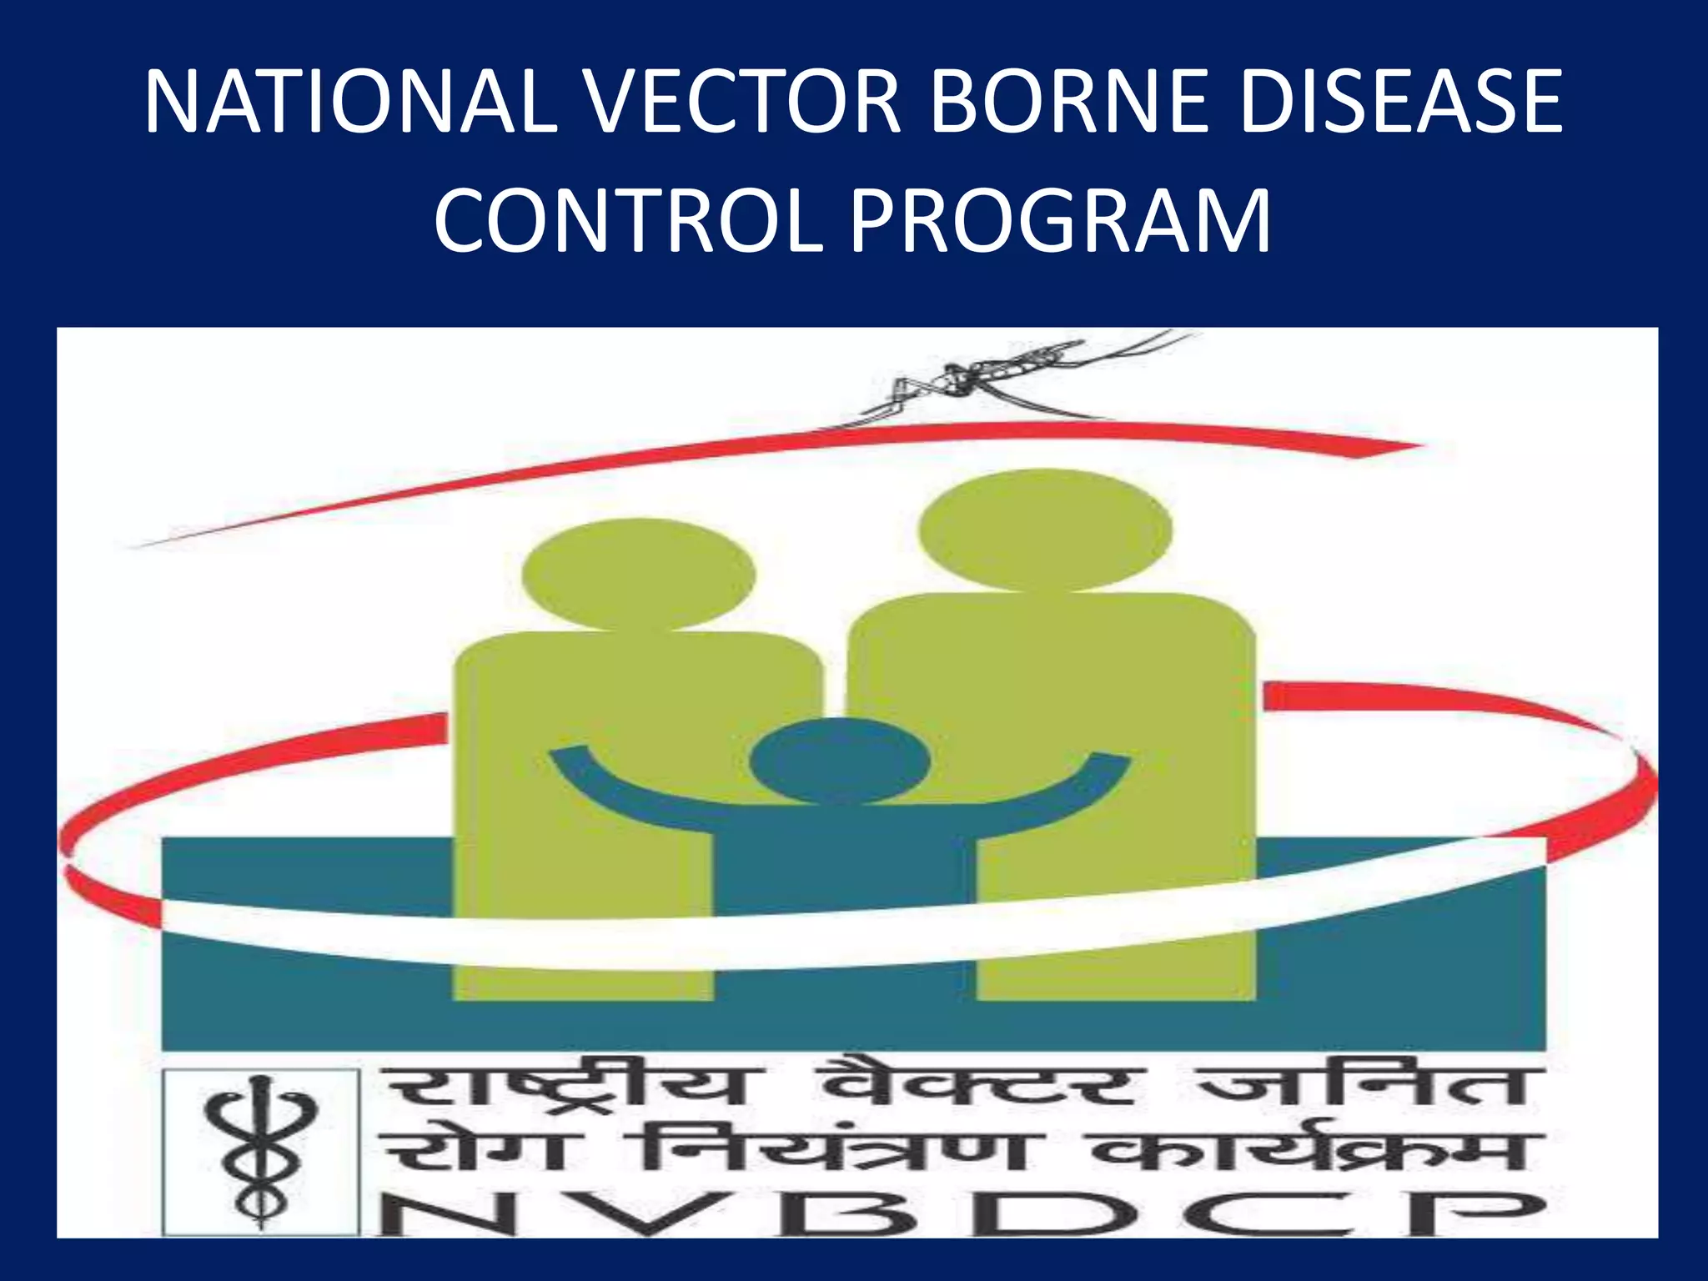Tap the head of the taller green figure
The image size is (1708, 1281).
tap(1044, 530)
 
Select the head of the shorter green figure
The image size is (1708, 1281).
tap(638, 574)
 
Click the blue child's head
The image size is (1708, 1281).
tap(839, 761)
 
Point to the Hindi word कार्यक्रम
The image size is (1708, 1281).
tap(1318, 1151)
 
